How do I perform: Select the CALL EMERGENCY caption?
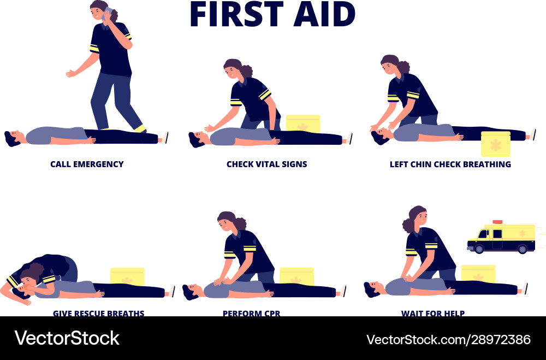coord(87,164)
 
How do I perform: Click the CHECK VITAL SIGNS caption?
coord(266,164)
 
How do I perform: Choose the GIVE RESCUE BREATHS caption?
coord(98,313)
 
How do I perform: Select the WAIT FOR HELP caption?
coord(432,313)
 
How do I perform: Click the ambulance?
coord(501,238)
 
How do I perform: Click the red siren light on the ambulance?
coord(497,222)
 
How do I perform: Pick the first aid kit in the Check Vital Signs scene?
coord(303,124)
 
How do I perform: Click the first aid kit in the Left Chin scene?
coord(495,144)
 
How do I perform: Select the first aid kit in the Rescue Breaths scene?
coord(127,276)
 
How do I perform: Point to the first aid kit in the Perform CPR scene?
coord(296,276)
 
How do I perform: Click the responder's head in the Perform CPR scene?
coord(227,222)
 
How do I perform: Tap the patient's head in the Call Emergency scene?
coord(13,137)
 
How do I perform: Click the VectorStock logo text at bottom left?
coord(67,338)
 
